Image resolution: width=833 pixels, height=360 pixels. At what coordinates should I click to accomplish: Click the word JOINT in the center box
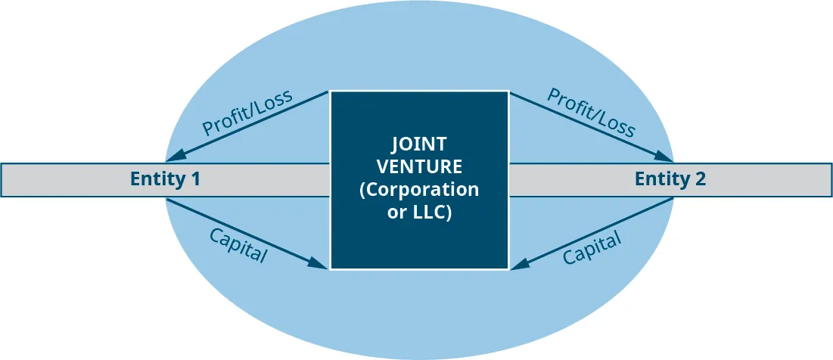(x=418, y=144)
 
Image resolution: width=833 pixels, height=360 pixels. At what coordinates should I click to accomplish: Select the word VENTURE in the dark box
(x=418, y=166)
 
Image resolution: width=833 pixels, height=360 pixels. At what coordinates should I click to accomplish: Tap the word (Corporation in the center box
(x=418, y=189)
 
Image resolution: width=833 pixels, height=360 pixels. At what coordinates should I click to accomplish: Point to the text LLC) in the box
(x=433, y=213)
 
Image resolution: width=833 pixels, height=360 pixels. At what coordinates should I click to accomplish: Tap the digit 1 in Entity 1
(x=195, y=180)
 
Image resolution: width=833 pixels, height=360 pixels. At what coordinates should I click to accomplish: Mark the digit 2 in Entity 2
(x=700, y=180)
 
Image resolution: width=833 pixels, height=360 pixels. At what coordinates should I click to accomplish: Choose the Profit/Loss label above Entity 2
(x=591, y=113)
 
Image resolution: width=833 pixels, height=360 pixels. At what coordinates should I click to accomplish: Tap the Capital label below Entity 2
(x=592, y=247)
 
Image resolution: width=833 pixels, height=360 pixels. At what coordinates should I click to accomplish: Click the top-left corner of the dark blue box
(x=331, y=92)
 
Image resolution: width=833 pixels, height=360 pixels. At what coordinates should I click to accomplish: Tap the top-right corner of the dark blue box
(x=508, y=92)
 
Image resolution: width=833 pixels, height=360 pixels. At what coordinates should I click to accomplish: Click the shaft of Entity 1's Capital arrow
(x=242, y=231)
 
